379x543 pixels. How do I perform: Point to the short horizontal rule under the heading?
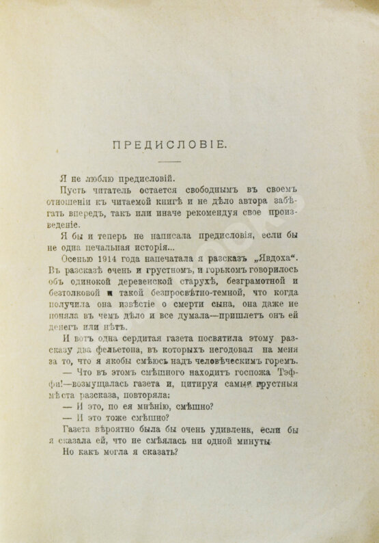pyautogui.click(x=171, y=161)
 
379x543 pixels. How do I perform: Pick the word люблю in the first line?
pyautogui.click(x=98, y=178)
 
